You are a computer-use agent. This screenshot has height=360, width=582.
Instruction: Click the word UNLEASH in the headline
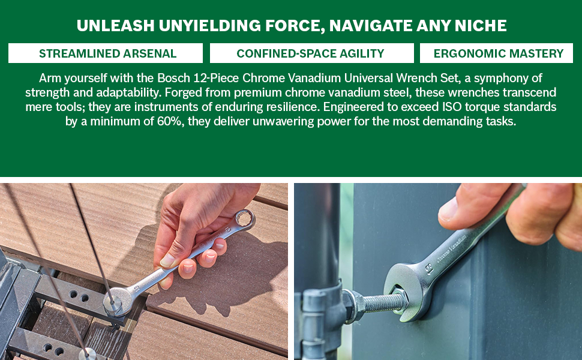[x=115, y=26]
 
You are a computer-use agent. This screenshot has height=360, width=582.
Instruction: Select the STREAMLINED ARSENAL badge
[x=106, y=53]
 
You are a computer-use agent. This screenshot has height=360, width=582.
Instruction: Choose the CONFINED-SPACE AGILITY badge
[x=312, y=53]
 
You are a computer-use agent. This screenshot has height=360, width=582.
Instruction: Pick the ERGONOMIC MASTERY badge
[x=496, y=53]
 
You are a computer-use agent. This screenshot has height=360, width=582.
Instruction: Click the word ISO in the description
[x=451, y=107]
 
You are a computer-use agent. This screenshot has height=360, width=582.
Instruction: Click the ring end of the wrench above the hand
[x=244, y=219]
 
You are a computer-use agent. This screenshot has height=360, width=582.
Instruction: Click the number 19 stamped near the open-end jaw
[x=430, y=268]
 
